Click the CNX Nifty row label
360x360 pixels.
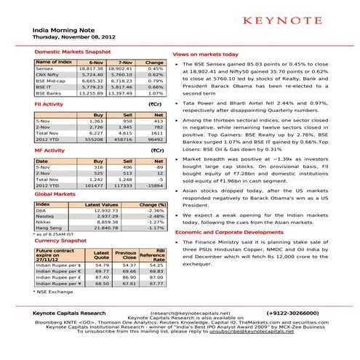49,78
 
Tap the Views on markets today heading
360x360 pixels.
204,55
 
